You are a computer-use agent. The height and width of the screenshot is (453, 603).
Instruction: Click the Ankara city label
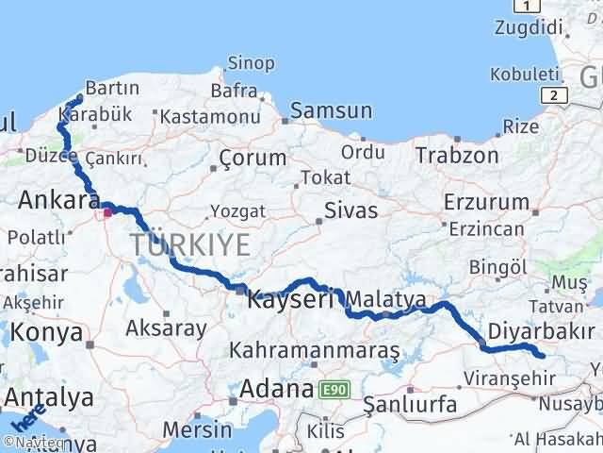click(x=59, y=200)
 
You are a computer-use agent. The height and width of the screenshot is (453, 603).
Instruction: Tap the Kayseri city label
click(x=289, y=301)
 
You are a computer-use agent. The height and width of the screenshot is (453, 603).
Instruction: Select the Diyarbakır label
click(x=542, y=332)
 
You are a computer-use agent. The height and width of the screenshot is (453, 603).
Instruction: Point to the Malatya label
click(x=386, y=300)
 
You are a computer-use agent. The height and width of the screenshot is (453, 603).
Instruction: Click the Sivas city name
click(x=351, y=210)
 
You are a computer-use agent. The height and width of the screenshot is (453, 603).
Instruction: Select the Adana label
click(x=276, y=389)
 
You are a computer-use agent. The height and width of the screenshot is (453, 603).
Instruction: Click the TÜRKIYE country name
click(x=191, y=245)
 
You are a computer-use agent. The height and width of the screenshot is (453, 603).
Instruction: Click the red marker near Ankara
click(x=107, y=212)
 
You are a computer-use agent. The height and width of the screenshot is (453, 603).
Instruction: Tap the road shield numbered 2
click(x=555, y=94)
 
